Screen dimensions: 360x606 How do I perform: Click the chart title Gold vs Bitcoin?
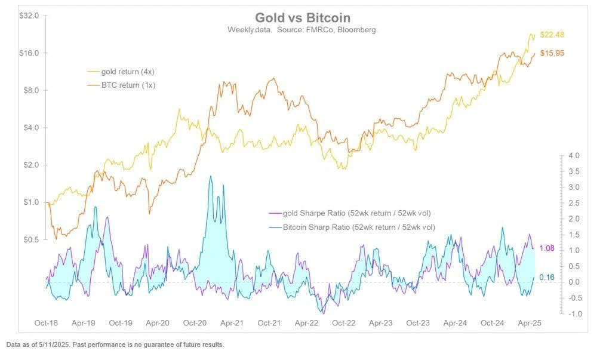click(303, 18)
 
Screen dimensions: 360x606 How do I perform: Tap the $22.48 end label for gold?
click(552, 35)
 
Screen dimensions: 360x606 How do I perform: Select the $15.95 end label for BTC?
click(552, 53)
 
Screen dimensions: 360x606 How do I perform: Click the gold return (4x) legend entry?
click(128, 72)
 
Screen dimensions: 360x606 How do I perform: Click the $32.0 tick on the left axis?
click(29, 16)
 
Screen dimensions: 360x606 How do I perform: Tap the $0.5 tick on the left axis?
click(31, 239)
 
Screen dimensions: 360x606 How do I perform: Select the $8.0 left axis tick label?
click(31, 90)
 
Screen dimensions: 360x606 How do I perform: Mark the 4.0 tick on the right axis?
click(574, 156)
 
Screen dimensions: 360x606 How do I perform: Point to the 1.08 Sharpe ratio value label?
click(547, 248)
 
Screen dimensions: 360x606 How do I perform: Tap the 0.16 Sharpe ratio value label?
click(547, 277)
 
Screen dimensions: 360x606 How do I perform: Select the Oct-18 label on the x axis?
click(46, 323)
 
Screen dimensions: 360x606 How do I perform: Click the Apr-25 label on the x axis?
click(529, 323)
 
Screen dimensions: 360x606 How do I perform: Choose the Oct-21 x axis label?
click(269, 323)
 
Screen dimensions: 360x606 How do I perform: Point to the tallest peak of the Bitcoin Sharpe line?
click(210, 177)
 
